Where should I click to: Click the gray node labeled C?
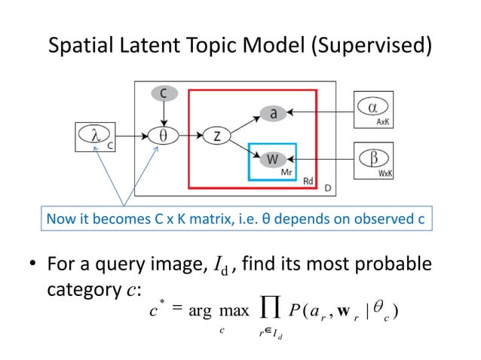point(161,93)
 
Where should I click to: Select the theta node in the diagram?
point(161,136)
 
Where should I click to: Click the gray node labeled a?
point(273,113)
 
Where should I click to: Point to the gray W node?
point(273,159)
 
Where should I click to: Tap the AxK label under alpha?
point(384,121)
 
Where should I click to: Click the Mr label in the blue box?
point(286,172)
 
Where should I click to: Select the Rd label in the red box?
point(308,181)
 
